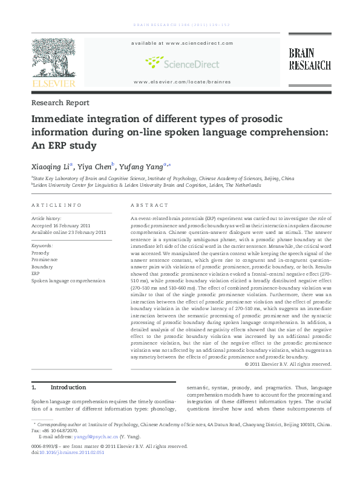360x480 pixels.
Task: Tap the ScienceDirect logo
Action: pyautogui.click(x=182, y=62)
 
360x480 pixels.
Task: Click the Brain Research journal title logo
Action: pyautogui.click(x=309, y=59)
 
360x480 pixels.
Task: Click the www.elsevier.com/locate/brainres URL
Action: pyautogui.click(x=182, y=82)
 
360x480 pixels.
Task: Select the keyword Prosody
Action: pyautogui.click(x=41, y=253)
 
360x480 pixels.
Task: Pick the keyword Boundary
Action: pyautogui.click(x=42, y=267)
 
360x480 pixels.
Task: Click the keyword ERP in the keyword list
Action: pyautogui.click(x=36, y=274)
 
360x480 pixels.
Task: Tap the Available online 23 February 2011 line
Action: pyautogui.click(x=68, y=232)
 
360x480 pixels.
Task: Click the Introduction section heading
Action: pyautogui.click(x=68, y=387)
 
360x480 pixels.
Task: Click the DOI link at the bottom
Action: pyautogui.click(x=70, y=452)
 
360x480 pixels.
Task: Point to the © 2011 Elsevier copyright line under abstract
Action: pyautogui.click(x=288, y=364)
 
